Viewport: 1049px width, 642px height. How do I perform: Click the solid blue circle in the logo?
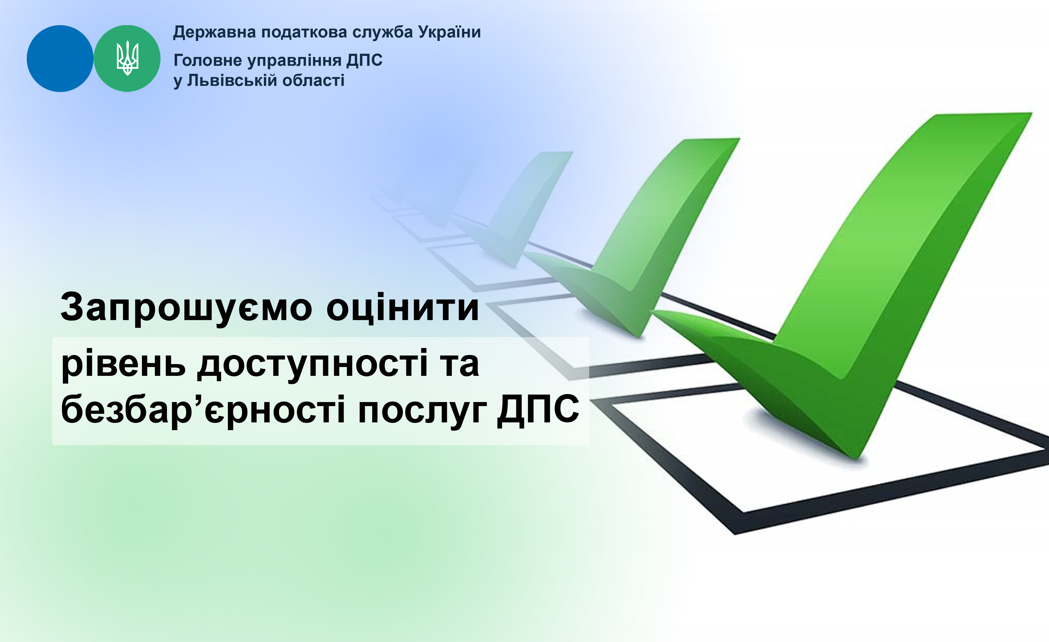[x=60, y=58]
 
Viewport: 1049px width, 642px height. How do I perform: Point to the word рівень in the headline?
[x=124, y=364]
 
